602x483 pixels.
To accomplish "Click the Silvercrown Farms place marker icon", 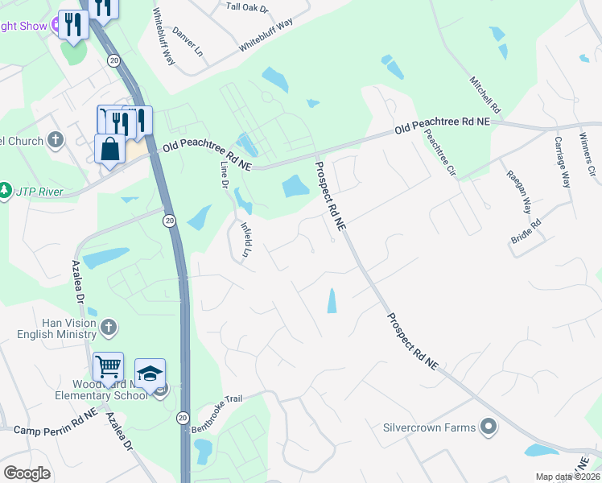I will pyautogui.click(x=488, y=426).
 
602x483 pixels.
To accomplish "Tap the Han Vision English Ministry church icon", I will pyautogui.click(x=109, y=328).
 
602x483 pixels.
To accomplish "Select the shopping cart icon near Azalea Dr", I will pyautogui.click(x=108, y=367).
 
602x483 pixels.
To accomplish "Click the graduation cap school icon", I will pyautogui.click(x=150, y=373).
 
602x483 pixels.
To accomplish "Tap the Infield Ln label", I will pyautogui.click(x=246, y=237).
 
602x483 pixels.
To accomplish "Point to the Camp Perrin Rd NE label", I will pyautogui.click(x=56, y=427).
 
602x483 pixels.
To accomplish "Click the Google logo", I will pyautogui.click(x=27, y=473).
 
